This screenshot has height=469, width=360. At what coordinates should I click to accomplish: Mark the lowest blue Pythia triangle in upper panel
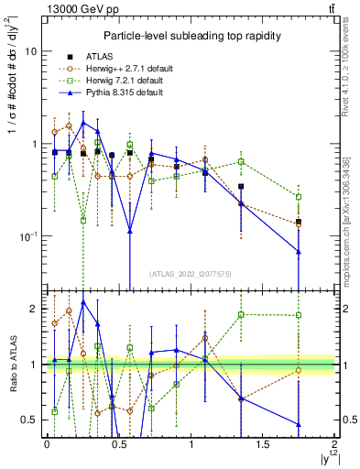[299, 251]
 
